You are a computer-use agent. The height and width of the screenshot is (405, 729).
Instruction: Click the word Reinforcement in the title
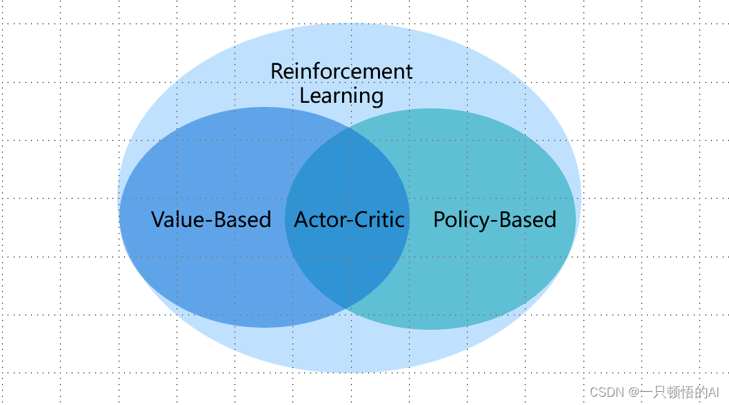pos(341,71)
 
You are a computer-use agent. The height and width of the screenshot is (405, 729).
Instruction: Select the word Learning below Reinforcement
pos(341,95)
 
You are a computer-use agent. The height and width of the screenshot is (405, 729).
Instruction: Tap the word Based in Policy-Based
pos(528,219)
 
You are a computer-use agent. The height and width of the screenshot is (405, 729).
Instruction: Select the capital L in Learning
pos(304,95)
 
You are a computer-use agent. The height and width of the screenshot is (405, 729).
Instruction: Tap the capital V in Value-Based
pos(158,219)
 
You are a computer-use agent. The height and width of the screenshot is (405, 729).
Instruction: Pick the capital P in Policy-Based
pos(439,219)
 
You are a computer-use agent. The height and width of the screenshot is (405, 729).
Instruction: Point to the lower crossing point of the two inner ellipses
pos(348,308)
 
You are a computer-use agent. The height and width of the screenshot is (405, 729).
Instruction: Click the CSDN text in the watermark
pos(606,392)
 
